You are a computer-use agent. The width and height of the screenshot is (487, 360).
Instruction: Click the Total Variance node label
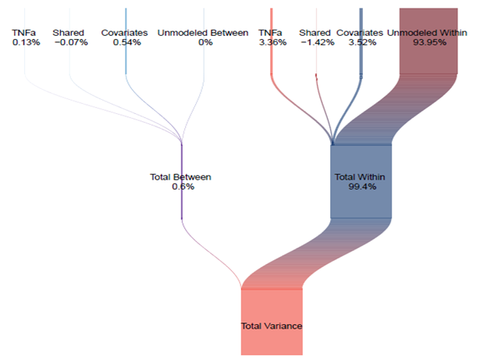point(271,326)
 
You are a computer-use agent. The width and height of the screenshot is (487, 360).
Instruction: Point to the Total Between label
point(180,177)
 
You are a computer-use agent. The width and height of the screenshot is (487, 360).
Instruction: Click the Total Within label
point(360,177)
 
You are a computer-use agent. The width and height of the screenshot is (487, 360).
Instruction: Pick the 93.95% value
point(429,43)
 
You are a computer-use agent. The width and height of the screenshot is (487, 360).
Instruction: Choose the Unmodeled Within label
point(428,33)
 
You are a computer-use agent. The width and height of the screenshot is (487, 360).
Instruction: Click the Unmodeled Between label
point(203,33)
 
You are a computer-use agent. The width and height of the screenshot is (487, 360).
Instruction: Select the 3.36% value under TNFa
point(273,43)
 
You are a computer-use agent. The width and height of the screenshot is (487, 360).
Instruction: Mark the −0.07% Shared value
point(69,43)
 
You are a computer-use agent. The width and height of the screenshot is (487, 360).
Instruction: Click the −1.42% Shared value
point(316,43)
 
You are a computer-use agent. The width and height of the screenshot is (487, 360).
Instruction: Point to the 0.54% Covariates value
point(126,43)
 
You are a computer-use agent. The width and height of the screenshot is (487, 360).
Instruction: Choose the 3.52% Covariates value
point(360,43)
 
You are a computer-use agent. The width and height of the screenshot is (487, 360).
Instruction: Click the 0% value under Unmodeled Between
point(204,43)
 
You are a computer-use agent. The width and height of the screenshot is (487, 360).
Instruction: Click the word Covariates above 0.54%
point(125,33)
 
